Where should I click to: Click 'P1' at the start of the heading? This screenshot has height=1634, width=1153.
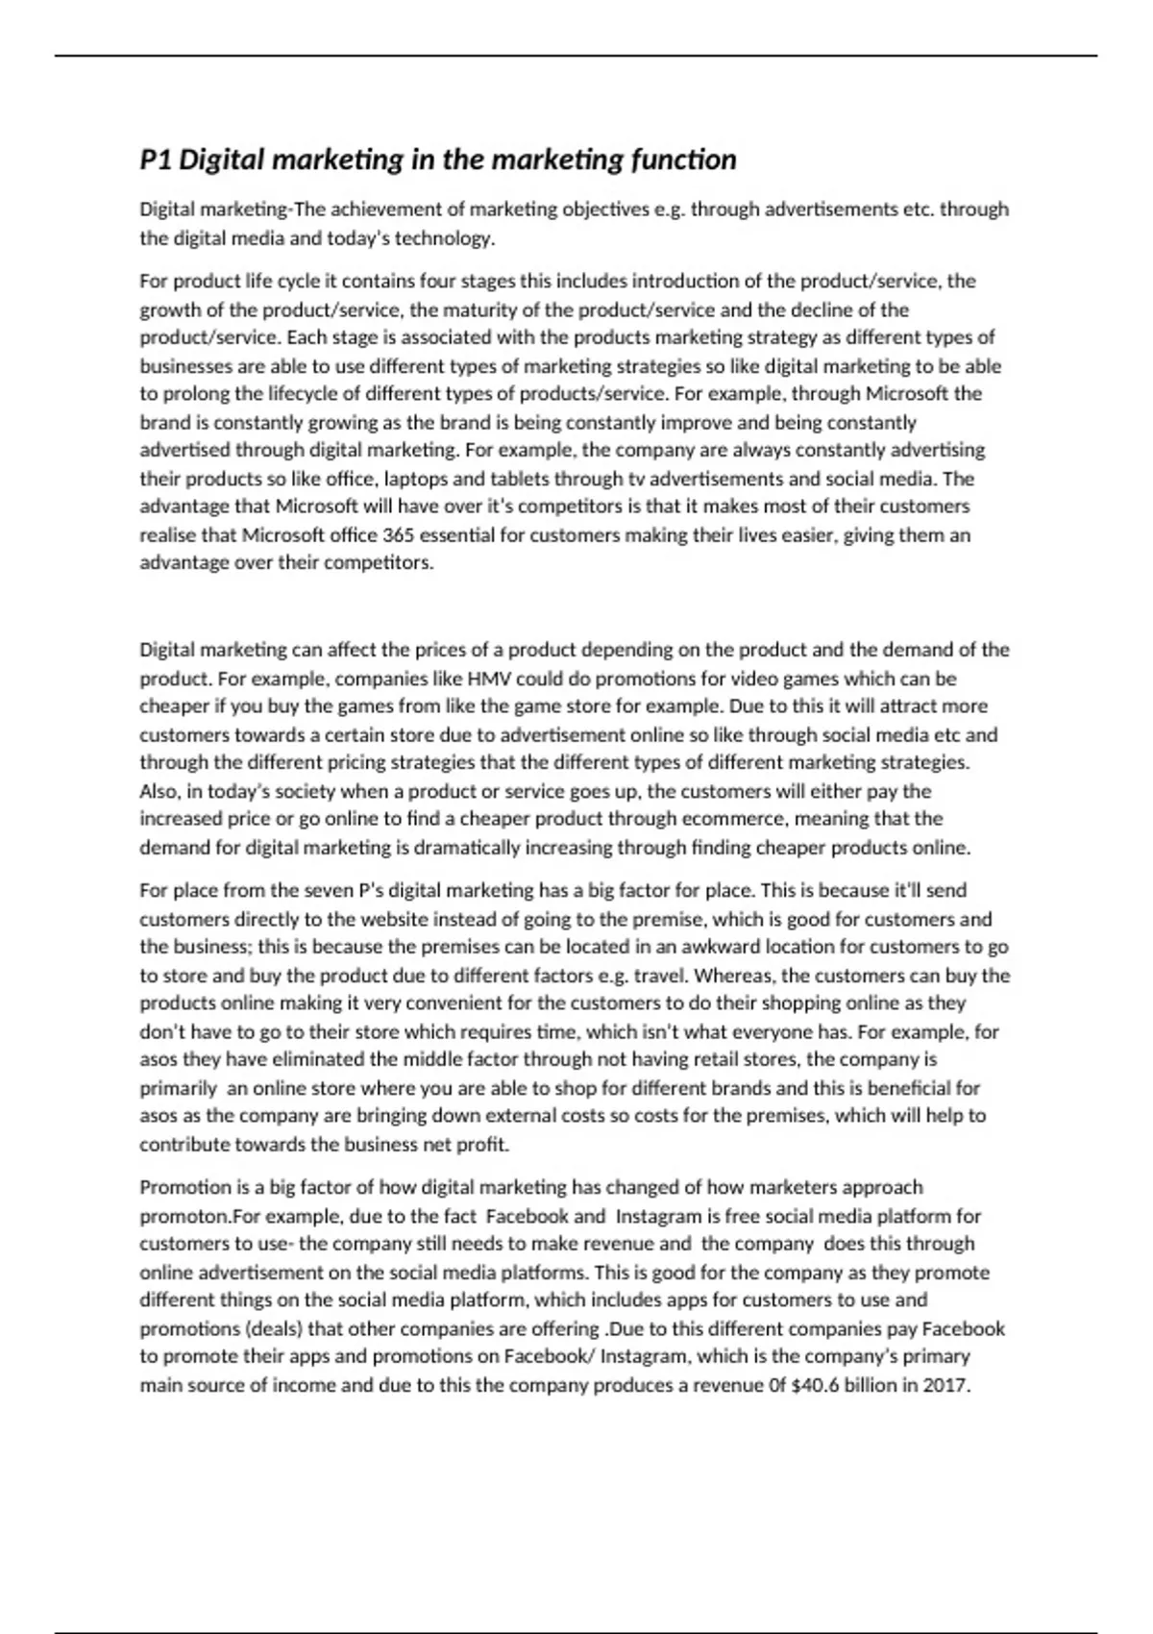point(156,160)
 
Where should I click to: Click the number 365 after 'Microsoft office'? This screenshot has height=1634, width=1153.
point(398,535)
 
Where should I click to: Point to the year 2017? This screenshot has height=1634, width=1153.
point(946,1386)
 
